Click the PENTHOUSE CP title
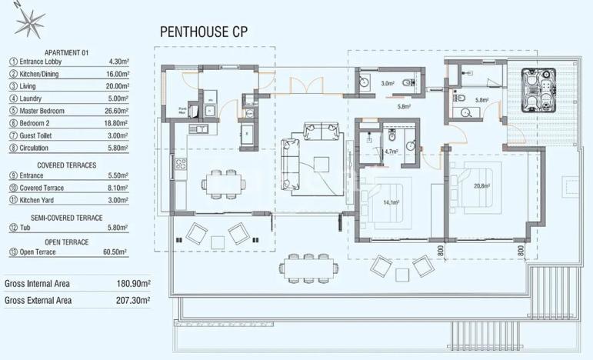tap(203, 32)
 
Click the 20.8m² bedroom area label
tap(483, 185)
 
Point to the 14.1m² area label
tap(391, 202)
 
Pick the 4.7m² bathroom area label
tap(390, 152)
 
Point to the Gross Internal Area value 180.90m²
tap(132, 284)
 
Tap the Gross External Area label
tap(38, 300)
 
